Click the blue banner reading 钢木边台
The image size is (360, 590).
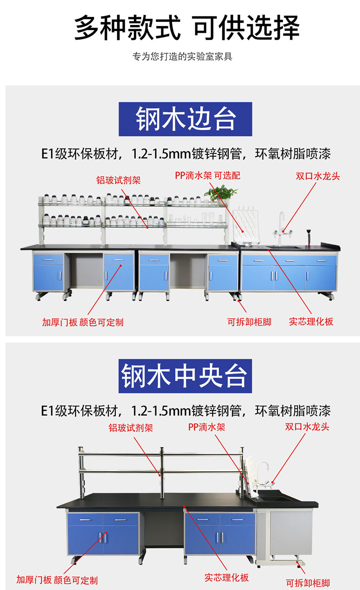[x=185, y=119]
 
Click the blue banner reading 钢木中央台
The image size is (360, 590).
[x=185, y=376]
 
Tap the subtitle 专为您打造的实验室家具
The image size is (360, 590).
[x=182, y=57]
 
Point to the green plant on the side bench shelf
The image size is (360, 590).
[x=221, y=194]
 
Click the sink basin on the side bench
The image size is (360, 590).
[x=283, y=247]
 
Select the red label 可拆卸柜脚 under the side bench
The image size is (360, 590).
[x=249, y=322]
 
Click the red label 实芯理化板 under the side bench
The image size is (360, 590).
[x=311, y=322]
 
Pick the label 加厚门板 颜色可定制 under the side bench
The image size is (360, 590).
[x=82, y=322]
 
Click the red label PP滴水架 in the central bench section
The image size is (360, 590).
[x=206, y=427]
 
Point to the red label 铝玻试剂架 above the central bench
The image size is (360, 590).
[x=130, y=428]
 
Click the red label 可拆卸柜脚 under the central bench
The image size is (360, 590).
[x=308, y=583]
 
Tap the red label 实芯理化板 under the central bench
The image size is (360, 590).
[x=226, y=578]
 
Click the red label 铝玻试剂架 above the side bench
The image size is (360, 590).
[x=118, y=180]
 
